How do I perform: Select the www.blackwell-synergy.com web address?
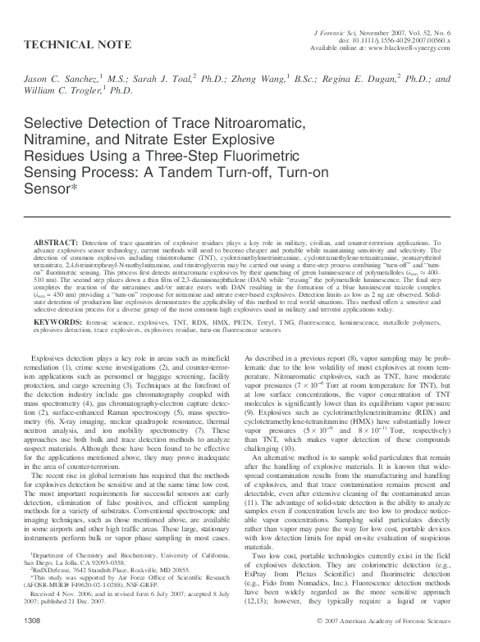[413, 48]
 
